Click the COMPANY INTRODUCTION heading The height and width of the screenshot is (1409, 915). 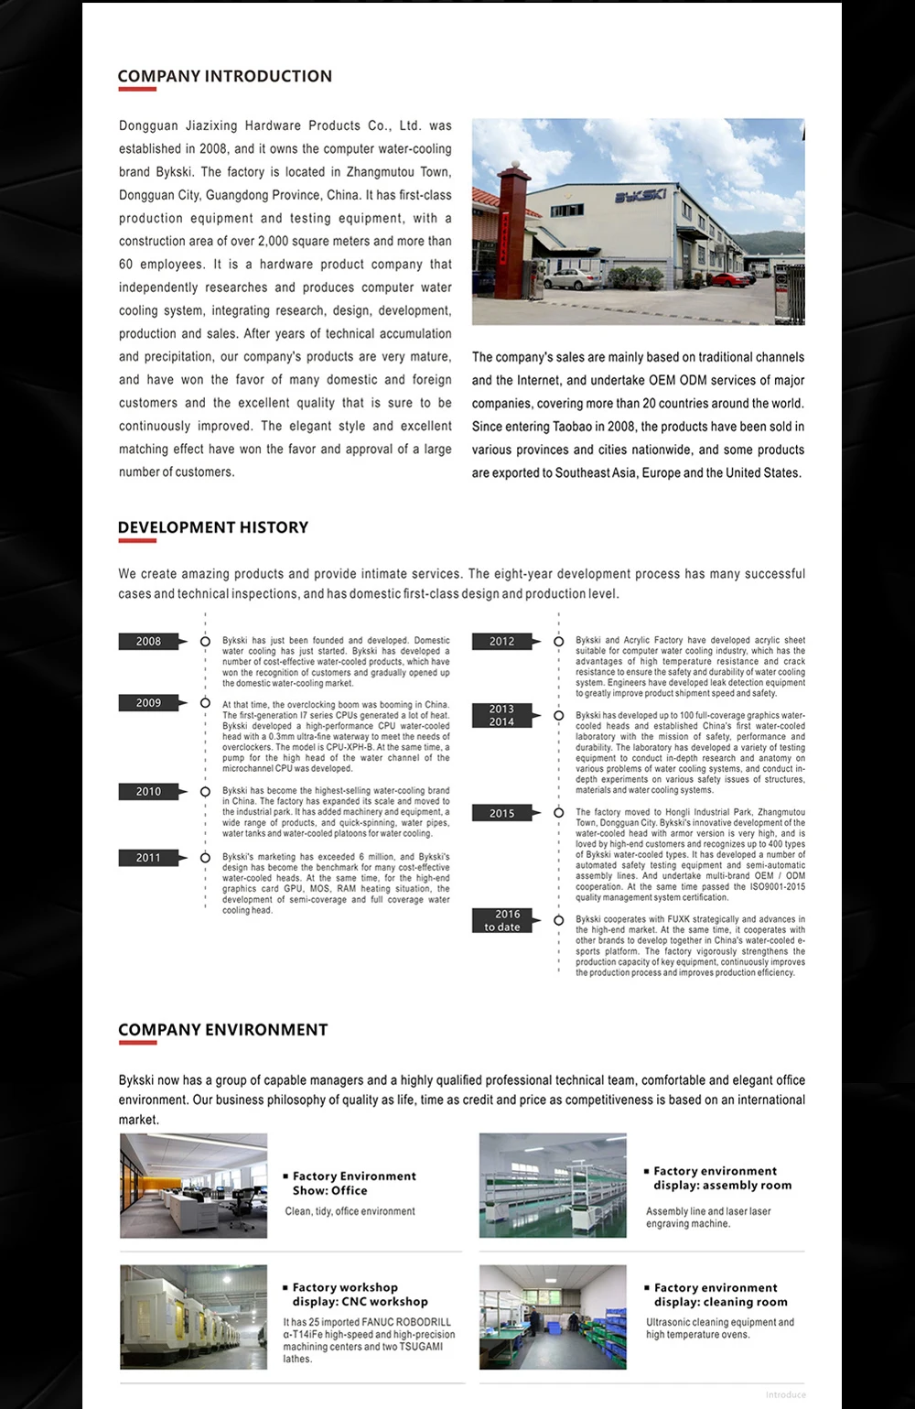pos(224,77)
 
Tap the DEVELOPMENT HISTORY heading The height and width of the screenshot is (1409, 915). pos(212,527)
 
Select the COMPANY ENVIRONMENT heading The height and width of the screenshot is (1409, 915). pos(222,1030)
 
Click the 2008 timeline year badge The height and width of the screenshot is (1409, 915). pos(148,642)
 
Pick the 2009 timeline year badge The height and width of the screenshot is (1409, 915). pos(148,703)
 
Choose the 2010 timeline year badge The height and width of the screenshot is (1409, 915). pos(148,792)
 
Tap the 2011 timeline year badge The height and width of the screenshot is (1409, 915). pos(148,858)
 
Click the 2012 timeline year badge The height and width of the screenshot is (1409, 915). pos(501,642)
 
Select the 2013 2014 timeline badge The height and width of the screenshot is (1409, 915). pos(501,715)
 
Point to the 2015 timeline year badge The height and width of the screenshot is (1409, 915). pos(501,813)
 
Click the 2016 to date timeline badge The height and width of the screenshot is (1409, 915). pos(501,920)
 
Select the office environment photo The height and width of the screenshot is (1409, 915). pos(193,1186)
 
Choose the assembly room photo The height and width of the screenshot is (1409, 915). pos(553,1186)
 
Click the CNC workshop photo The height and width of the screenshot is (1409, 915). pos(193,1317)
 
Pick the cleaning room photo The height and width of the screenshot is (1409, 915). pos(553,1317)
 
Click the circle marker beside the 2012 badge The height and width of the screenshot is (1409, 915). pos(558,642)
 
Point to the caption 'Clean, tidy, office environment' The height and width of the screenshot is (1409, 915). pos(350,1211)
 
